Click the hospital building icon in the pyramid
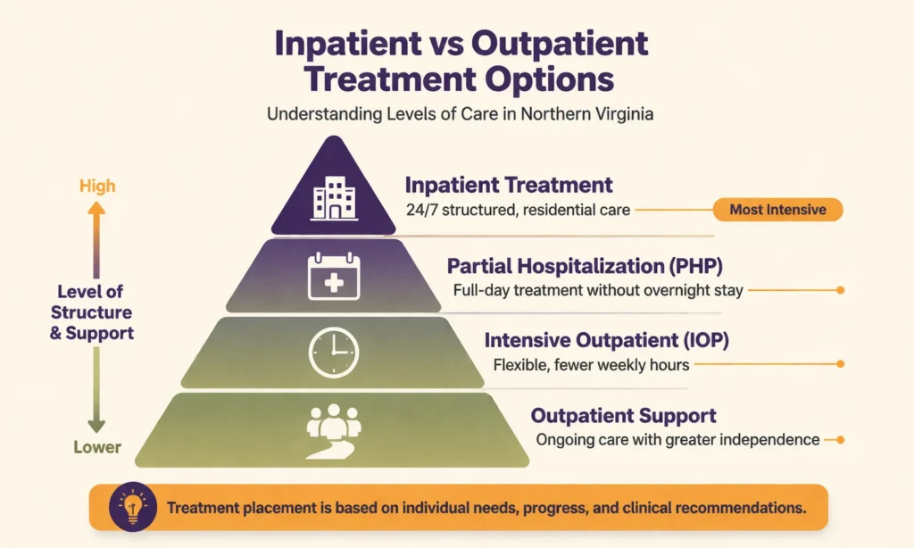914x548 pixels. (333, 197)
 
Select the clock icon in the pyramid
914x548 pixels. (333, 353)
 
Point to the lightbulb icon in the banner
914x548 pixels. (134, 508)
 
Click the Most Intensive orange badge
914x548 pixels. (777, 211)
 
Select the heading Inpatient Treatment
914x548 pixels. (509, 186)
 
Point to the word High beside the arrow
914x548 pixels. (97, 187)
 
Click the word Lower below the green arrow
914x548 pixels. (97, 446)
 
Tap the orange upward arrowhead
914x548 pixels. (97, 208)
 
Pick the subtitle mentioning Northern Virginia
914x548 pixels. (458, 114)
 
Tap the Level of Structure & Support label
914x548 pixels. (92, 312)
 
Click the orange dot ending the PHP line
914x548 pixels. (840, 290)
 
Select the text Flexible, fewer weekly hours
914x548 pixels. (590, 364)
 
